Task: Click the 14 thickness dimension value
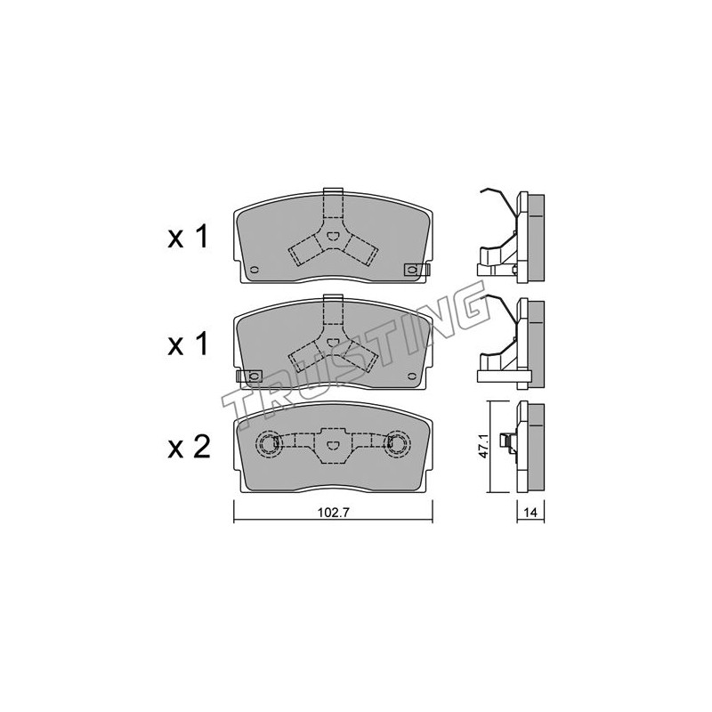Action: (530, 514)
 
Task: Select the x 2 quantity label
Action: (189, 447)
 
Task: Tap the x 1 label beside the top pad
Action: (188, 238)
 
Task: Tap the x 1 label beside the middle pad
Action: (188, 344)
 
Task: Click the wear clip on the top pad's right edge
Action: (417, 270)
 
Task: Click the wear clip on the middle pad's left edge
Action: (250, 376)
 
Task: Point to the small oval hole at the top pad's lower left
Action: (254, 270)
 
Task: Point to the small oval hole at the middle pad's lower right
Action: (412, 376)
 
